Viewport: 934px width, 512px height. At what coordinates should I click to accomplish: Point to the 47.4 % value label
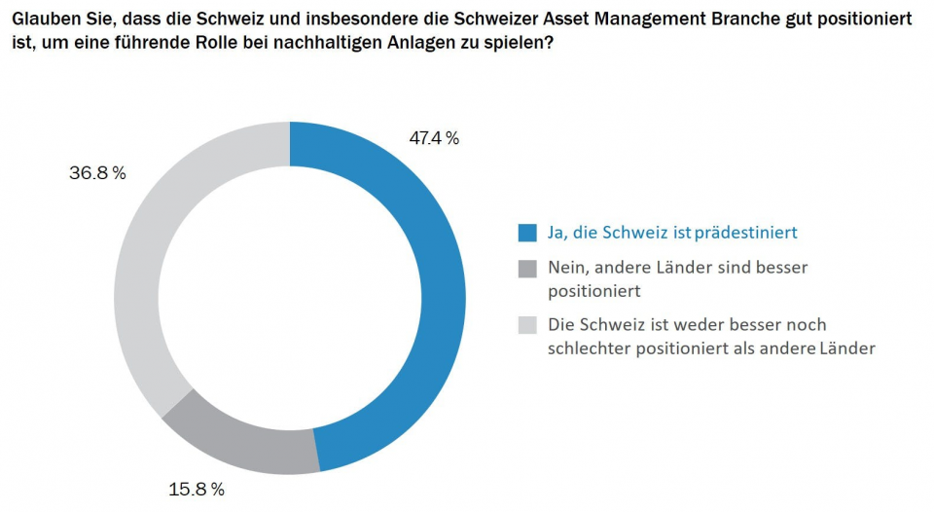(434, 138)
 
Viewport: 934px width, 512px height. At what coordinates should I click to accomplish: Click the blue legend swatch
(527, 233)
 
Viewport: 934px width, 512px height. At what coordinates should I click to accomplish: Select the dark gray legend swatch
(527, 267)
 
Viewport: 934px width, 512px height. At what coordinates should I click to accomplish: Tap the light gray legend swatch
(527, 325)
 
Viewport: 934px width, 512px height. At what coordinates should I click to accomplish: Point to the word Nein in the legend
(567, 267)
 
